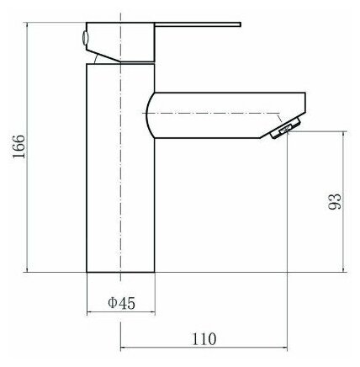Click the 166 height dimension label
19,146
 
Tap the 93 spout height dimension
335,201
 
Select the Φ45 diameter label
121,303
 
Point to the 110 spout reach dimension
204,339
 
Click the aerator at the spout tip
285,129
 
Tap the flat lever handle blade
198,24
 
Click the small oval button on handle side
85,37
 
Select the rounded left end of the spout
149,115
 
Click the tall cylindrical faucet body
120,168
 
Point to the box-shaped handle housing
120,41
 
